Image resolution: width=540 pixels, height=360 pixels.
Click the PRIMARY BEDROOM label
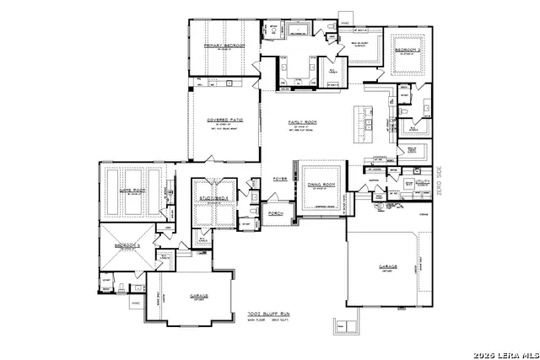(224, 44)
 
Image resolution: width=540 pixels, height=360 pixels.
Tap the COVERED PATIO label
(224, 120)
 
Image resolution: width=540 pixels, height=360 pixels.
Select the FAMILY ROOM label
(301, 121)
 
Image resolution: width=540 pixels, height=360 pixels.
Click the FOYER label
(279, 180)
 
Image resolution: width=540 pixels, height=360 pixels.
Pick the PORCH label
(275, 212)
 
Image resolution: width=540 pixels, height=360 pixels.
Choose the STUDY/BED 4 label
(214, 197)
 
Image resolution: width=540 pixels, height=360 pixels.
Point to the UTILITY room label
(422, 180)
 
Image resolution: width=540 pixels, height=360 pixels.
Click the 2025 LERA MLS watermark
(505, 352)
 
